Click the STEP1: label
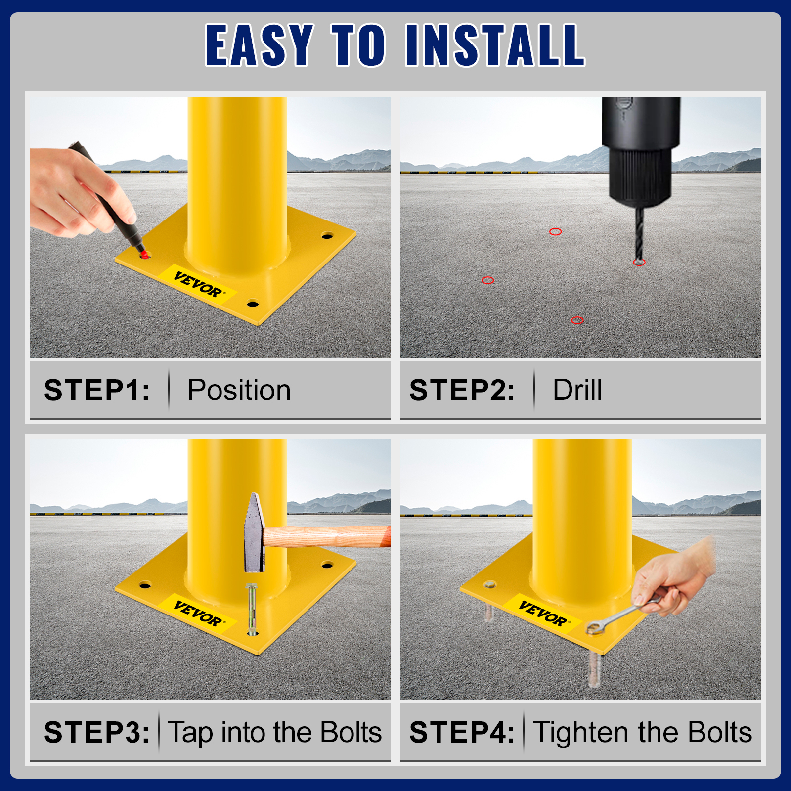point(97,390)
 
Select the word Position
point(239,390)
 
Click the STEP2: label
point(462,390)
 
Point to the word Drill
point(577,390)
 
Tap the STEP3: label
point(97,732)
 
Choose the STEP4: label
point(462,732)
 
